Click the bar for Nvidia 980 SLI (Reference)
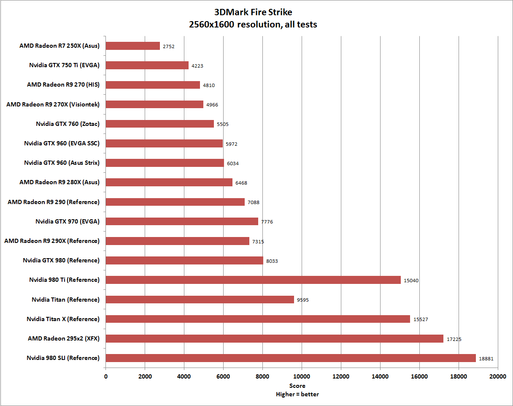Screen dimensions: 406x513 pyautogui.click(x=291, y=358)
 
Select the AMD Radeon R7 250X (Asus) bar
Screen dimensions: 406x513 pyautogui.click(x=132, y=46)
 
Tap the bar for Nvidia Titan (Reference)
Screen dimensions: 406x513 pyautogui.click(x=200, y=300)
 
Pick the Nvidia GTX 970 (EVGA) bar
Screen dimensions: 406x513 pyautogui.click(x=182, y=221)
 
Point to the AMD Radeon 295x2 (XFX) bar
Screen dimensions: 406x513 pyautogui.click(x=274, y=338)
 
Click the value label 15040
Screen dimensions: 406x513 pyautogui.click(x=411, y=281)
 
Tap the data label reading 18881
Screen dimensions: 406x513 pyautogui.click(x=486, y=359)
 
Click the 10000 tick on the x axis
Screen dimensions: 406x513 pyautogui.click(x=302, y=376)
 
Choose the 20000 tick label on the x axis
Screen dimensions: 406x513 pyautogui.click(x=497, y=376)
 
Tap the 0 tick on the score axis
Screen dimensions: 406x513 pyautogui.click(x=105, y=376)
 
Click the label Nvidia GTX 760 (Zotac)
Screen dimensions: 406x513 pyautogui.click(x=68, y=124)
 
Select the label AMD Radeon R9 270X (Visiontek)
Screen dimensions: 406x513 pyautogui.click(x=53, y=104)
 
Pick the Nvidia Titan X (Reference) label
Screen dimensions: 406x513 pyautogui.click(x=63, y=319)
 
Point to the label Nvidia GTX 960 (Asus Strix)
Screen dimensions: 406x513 pyautogui.click(x=62, y=163)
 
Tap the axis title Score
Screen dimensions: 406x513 pyautogui.click(x=297, y=386)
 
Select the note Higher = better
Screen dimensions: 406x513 pyautogui.click(x=297, y=394)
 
